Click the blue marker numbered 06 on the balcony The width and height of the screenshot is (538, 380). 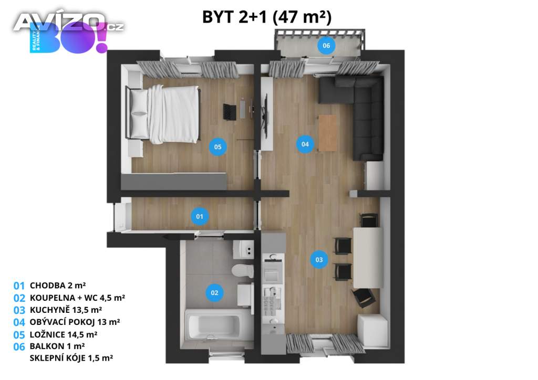click(326, 45)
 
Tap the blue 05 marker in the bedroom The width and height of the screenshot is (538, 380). click(218, 146)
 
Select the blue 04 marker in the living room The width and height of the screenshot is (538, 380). click(305, 144)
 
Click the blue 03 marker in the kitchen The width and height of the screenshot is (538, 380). click(319, 259)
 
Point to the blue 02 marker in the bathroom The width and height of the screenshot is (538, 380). click(214, 293)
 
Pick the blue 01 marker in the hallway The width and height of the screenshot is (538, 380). click(200, 216)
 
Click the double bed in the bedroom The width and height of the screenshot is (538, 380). click(163, 114)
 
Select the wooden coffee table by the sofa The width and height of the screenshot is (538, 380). click(328, 133)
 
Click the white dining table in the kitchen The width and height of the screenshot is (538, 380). click(368, 257)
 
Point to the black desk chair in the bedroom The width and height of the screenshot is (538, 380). click(230, 112)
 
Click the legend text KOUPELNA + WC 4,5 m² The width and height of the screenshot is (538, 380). click(77, 298)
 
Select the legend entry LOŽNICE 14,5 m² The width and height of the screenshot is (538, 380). click(64, 334)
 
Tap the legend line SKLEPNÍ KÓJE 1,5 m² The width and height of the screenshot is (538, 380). click(71, 358)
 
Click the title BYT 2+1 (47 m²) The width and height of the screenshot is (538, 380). click(267, 17)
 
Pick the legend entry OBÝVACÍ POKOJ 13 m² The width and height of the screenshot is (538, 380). click(75, 322)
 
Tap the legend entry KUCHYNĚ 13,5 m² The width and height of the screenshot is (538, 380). click(66, 310)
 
